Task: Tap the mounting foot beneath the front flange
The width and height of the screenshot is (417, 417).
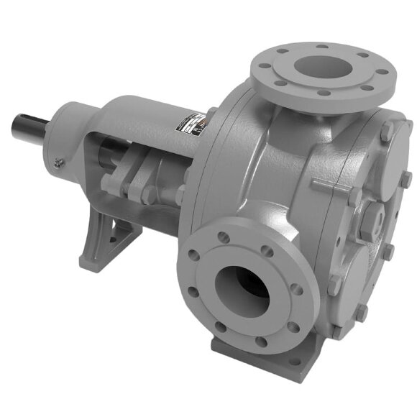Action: pos(259,359)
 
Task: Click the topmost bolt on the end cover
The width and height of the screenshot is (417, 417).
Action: pos(386,129)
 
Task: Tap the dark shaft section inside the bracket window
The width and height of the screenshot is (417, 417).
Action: pos(115,155)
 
